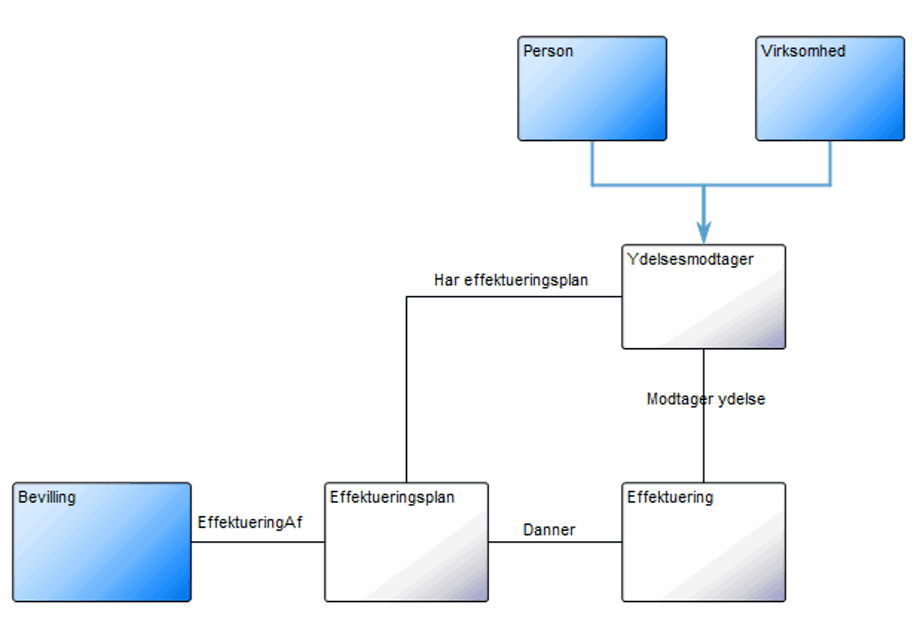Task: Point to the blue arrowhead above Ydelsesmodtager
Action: click(704, 232)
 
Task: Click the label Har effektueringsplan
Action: click(511, 280)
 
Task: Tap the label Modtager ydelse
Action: click(706, 399)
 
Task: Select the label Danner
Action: click(549, 530)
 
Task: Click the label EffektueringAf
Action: click(249, 522)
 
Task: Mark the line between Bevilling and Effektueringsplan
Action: click(258, 542)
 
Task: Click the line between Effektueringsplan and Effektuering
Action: click(555, 542)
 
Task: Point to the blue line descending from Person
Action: click(592, 162)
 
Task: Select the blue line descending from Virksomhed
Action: click(830, 162)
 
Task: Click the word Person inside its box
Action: click(547, 51)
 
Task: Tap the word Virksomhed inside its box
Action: click(803, 51)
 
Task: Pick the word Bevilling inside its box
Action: click(47, 498)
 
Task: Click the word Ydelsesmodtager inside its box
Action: click(690, 259)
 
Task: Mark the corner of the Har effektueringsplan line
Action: click(406, 297)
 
